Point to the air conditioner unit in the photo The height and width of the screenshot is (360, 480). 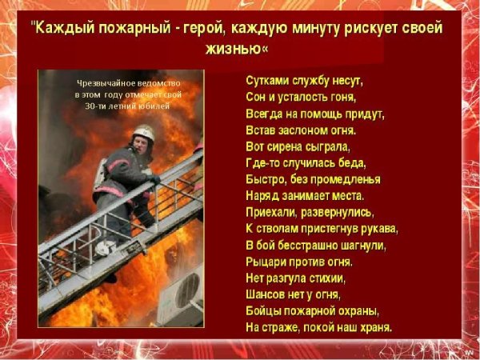coord(182,293)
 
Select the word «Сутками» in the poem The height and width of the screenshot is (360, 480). coord(266,81)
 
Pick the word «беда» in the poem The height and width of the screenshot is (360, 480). coord(354,163)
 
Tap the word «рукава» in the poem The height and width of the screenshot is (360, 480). coord(378,229)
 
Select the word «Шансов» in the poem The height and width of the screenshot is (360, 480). coord(267,294)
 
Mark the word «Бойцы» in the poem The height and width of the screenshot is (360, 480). coord(264,310)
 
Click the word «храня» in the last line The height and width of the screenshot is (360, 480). coord(374,327)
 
